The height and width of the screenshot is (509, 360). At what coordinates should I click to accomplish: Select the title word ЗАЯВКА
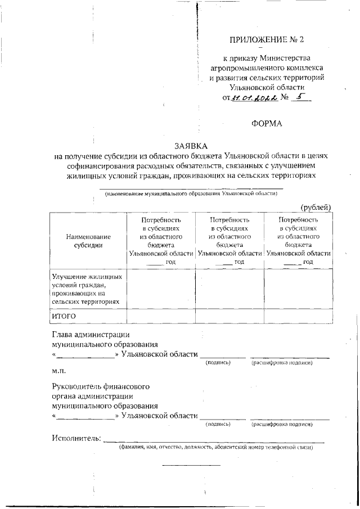coord(191,146)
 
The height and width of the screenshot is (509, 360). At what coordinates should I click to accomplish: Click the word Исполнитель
coord(76,438)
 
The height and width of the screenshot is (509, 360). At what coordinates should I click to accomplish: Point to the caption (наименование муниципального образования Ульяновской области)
coord(191,193)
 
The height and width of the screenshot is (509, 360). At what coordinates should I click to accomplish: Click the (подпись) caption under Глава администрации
coord(218,363)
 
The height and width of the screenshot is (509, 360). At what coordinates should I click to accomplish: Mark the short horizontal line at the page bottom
coord(191,465)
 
